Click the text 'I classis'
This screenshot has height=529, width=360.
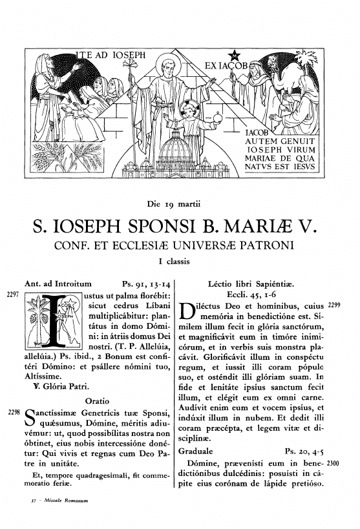179,262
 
